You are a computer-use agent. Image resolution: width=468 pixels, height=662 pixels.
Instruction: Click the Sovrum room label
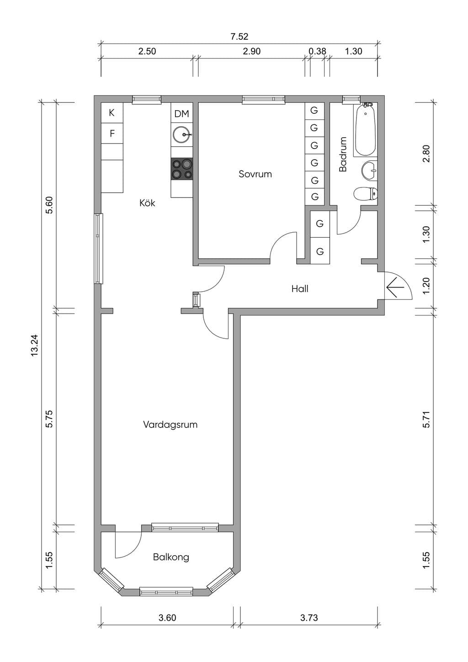[255, 174]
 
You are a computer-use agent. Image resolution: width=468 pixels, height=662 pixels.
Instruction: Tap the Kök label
[147, 203]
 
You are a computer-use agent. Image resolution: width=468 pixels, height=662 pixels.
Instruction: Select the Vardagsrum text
[170, 425]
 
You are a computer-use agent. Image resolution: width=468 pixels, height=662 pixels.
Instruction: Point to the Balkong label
[171, 557]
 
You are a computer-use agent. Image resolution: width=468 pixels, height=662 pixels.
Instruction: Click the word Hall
[300, 288]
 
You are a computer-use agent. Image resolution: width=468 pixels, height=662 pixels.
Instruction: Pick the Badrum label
[343, 154]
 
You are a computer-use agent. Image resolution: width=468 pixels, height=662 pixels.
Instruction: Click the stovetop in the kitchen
[182, 169]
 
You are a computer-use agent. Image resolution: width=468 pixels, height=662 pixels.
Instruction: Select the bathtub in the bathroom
[365, 129]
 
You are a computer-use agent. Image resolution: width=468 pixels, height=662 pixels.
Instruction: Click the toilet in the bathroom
[366, 194]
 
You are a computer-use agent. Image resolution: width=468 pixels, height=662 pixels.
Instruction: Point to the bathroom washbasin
[369, 171]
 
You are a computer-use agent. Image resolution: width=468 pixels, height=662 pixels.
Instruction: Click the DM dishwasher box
[182, 113]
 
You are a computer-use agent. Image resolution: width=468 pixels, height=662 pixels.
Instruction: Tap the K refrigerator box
[112, 112]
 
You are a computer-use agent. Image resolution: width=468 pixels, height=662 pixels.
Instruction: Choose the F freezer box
[112, 133]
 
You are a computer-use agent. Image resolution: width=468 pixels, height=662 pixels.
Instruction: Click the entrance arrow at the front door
[395, 287]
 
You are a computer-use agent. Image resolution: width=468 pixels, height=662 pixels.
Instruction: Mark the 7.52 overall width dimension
[239, 37]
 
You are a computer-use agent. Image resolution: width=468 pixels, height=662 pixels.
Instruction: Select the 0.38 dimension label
[317, 51]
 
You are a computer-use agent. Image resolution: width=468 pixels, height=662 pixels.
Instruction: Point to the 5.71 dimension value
[426, 419]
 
